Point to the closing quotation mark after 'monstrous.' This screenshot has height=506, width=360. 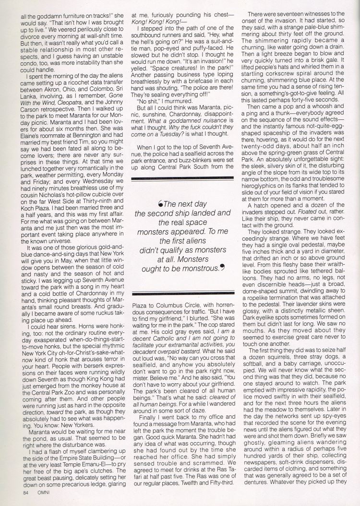pos(222,266)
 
